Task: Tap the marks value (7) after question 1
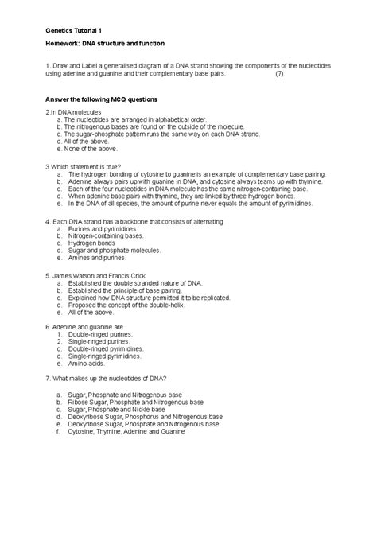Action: point(278,74)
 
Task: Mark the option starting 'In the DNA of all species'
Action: point(189,203)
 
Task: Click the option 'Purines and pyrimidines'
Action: point(103,229)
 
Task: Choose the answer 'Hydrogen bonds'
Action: point(91,243)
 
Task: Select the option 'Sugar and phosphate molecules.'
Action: point(115,250)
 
